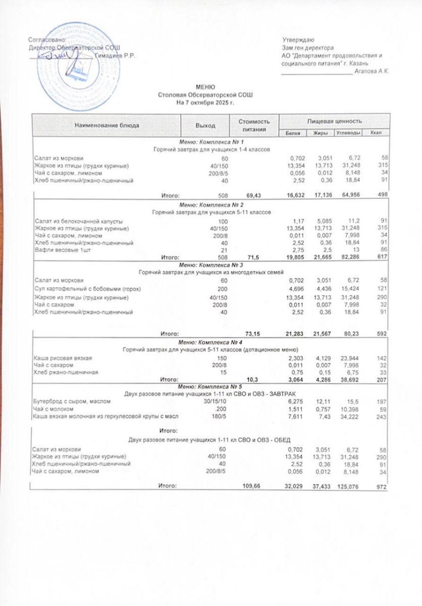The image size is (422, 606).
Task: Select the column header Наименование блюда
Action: (107, 125)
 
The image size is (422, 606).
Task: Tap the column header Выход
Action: (205, 125)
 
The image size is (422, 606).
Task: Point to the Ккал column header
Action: (375, 132)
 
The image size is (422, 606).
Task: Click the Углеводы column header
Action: (348, 132)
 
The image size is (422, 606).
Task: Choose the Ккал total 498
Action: (381, 194)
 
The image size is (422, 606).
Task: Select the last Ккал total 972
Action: (381, 487)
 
